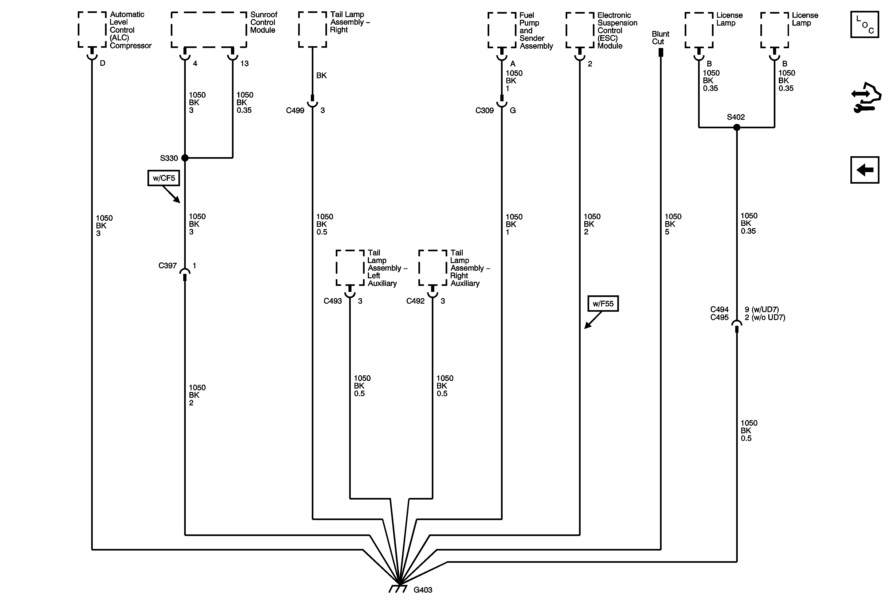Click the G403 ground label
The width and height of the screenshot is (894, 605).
click(423, 590)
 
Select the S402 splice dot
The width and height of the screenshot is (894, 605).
click(737, 127)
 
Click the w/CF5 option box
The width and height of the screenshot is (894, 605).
click(163, 178)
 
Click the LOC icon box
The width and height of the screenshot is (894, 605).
click(865, 25)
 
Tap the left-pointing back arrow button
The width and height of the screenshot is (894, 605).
click(865, 170)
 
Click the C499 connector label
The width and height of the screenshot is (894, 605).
click(295, 110)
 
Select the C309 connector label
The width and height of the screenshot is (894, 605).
click(484, 110)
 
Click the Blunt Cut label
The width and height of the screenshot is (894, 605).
click(660, 38)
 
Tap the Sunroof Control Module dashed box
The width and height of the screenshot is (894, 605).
click(208, 30)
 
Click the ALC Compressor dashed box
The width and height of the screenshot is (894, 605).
click(92, 29)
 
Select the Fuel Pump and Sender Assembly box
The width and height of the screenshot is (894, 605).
click(502, 30)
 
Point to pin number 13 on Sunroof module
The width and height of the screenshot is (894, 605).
click(244, 63)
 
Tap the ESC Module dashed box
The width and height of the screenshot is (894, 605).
click(580, 30)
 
